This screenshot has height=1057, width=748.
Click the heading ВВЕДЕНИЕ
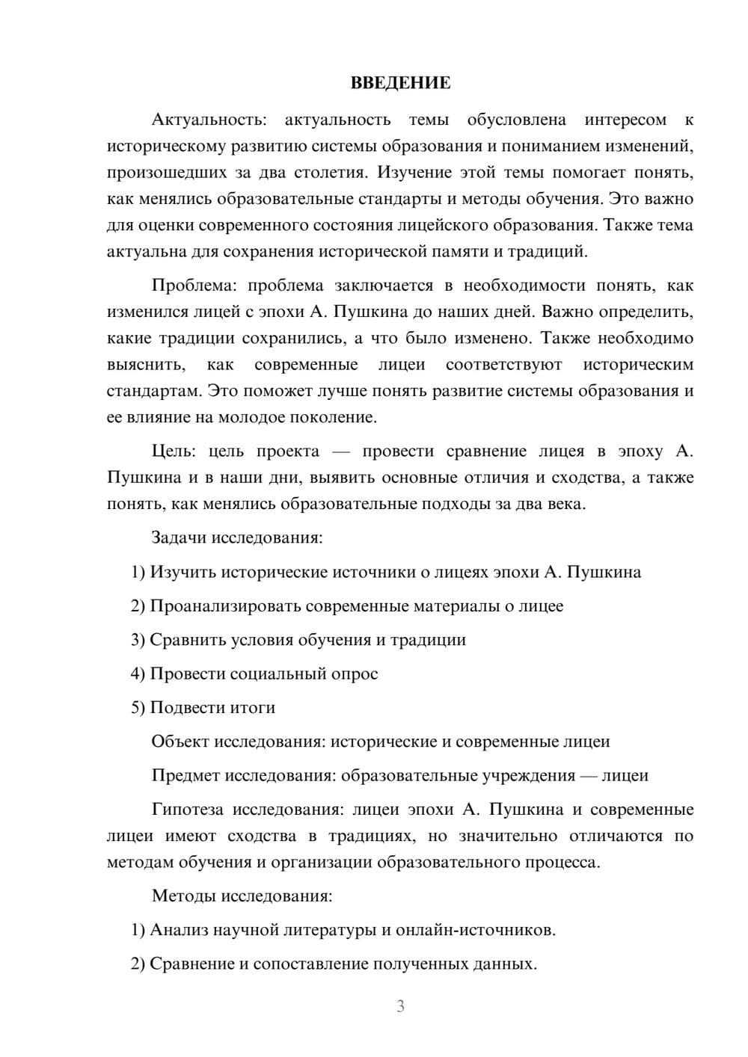tap(400, 83)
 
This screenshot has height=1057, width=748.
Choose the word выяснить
tap(144, 365)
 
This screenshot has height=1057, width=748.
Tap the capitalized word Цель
tap(173, 452)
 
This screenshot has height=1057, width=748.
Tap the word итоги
tap(254, 707)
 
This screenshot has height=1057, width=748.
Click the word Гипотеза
tap(188, 810)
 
